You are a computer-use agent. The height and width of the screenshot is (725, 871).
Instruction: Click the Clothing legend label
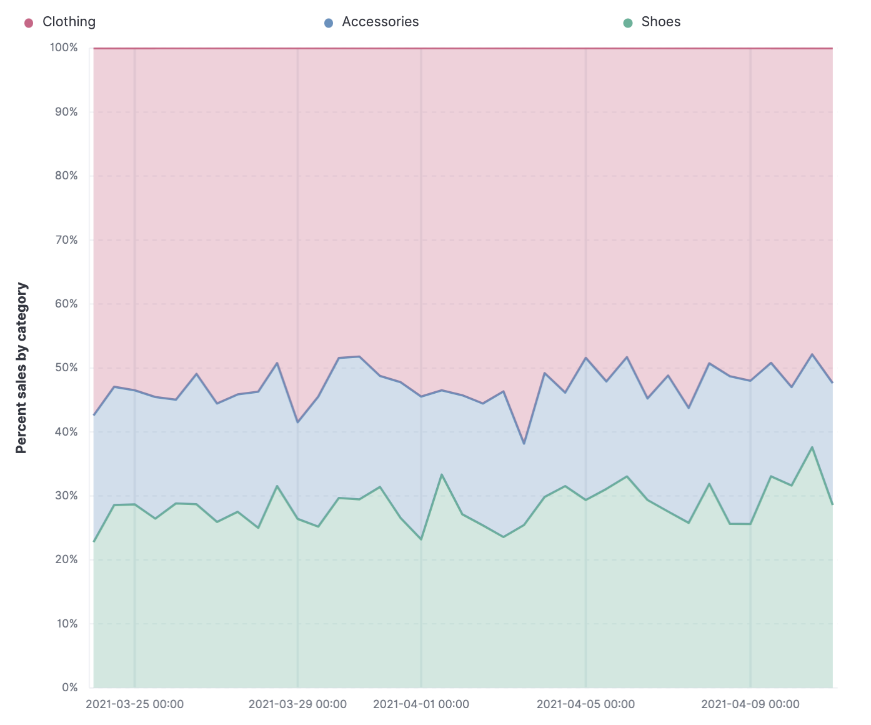pyautogui.click(x=69, y=22)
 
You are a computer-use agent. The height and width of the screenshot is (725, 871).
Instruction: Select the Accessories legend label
pyautogui.click(x=380, y=22)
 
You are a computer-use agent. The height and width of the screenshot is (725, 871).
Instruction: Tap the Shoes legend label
pyautogui.click(x=660, y=22)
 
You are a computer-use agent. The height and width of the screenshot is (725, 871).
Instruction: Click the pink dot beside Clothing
pyautogui.click(x=29, y=23)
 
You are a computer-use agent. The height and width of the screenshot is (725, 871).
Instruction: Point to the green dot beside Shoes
pyautogui.click(x=628, y=23)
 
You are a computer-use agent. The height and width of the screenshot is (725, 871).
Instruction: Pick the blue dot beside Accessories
pyautogui.click(x=329, y=23)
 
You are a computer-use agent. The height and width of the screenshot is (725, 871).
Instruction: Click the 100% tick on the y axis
pyautogui.click(x=64, y=47)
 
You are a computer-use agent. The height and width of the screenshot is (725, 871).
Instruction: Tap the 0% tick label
pyautogui.click(x=69, y=687)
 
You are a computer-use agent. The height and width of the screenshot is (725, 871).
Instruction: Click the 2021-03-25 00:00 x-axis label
pyautogui.click(x=134, y=704)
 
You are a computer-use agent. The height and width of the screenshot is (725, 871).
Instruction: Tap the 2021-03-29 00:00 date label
pyautogui.click(x=297, y=704)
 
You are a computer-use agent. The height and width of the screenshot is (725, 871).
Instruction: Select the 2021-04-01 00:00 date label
pyautogui.click(x=421, y=704)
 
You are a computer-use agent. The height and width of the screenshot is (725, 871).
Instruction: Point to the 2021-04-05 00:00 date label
pyautogui.click(x=585, y=704)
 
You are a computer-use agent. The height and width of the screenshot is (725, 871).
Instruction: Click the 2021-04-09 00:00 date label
pyautogui.click(x=750, y=704)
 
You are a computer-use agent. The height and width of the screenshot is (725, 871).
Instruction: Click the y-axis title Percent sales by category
pyautogui.click(x=22, y=367)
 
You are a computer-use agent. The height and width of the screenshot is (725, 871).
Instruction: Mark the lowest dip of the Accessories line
pyautogui.click(x=524, y=444)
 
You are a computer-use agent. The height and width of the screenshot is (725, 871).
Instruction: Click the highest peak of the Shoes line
pyautogui.click(x=812, y=447)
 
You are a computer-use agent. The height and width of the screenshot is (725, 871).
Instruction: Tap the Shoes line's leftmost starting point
pyautogui.click(x=94, y=541)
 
